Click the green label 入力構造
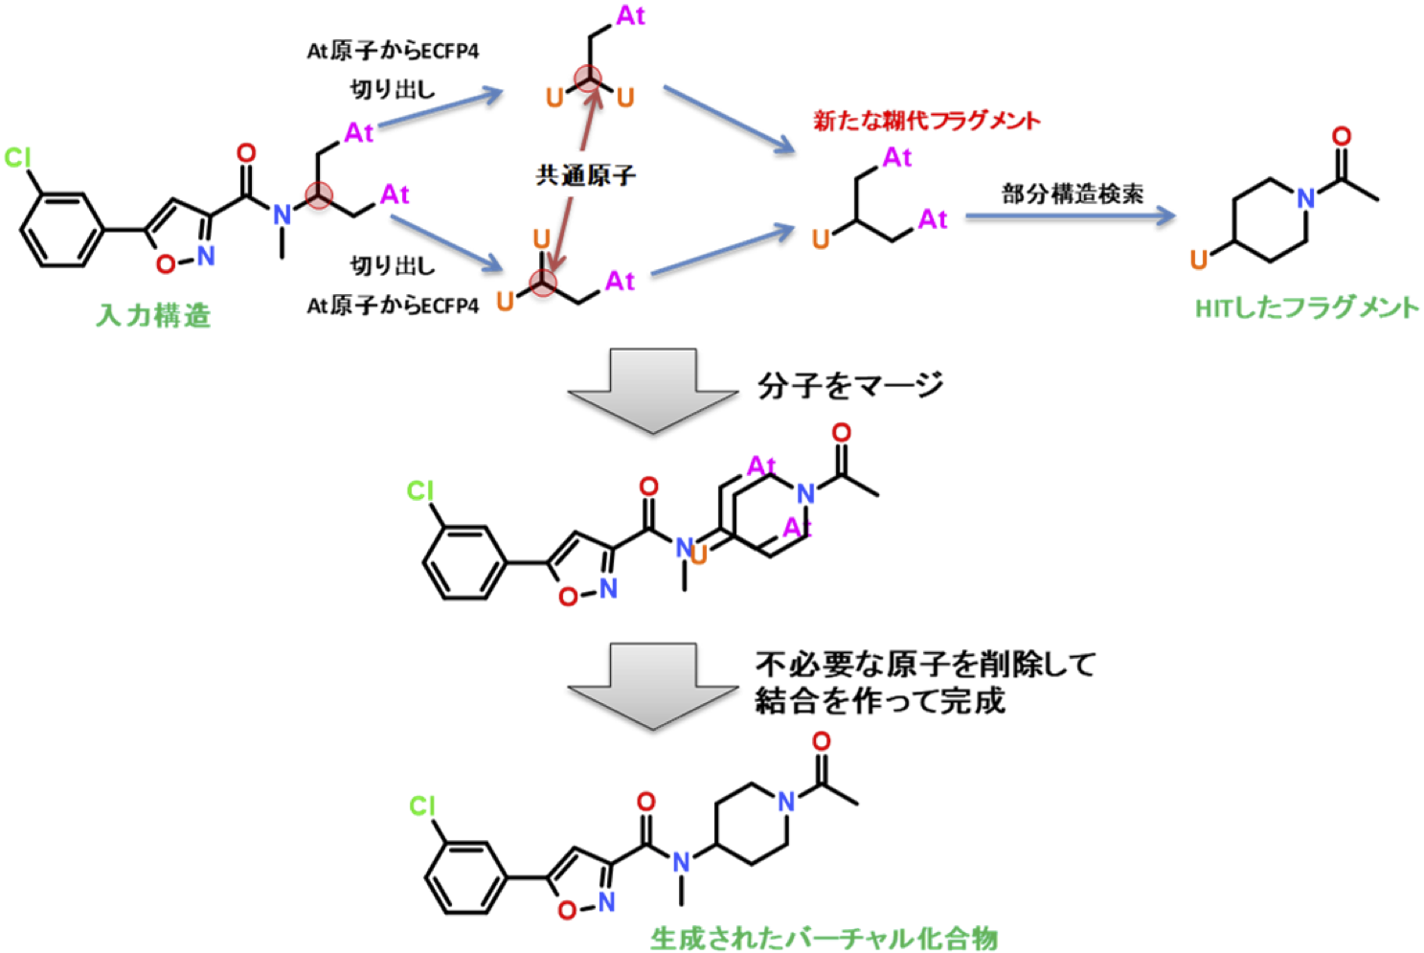coord(153,315)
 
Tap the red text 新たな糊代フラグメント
coord(927,120)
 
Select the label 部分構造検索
coord(1073,193)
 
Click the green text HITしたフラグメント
coord(1307,308)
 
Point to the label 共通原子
coord(585,175)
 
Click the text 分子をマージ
coord(850,385)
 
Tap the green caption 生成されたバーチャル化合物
coord(824,939)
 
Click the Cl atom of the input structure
coord(17,158)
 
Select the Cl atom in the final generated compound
coord(422,806)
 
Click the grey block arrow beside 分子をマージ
coord(653,391)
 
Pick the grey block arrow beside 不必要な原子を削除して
coord(653,686)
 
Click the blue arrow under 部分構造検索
coord(1071,216)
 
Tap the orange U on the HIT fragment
coord(1198,260)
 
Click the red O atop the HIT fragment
coord(1342,136)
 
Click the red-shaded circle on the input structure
coord(319,195)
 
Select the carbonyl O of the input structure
coord(246,153)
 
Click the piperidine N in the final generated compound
coord(786,802)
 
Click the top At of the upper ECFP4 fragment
coord(631,16)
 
